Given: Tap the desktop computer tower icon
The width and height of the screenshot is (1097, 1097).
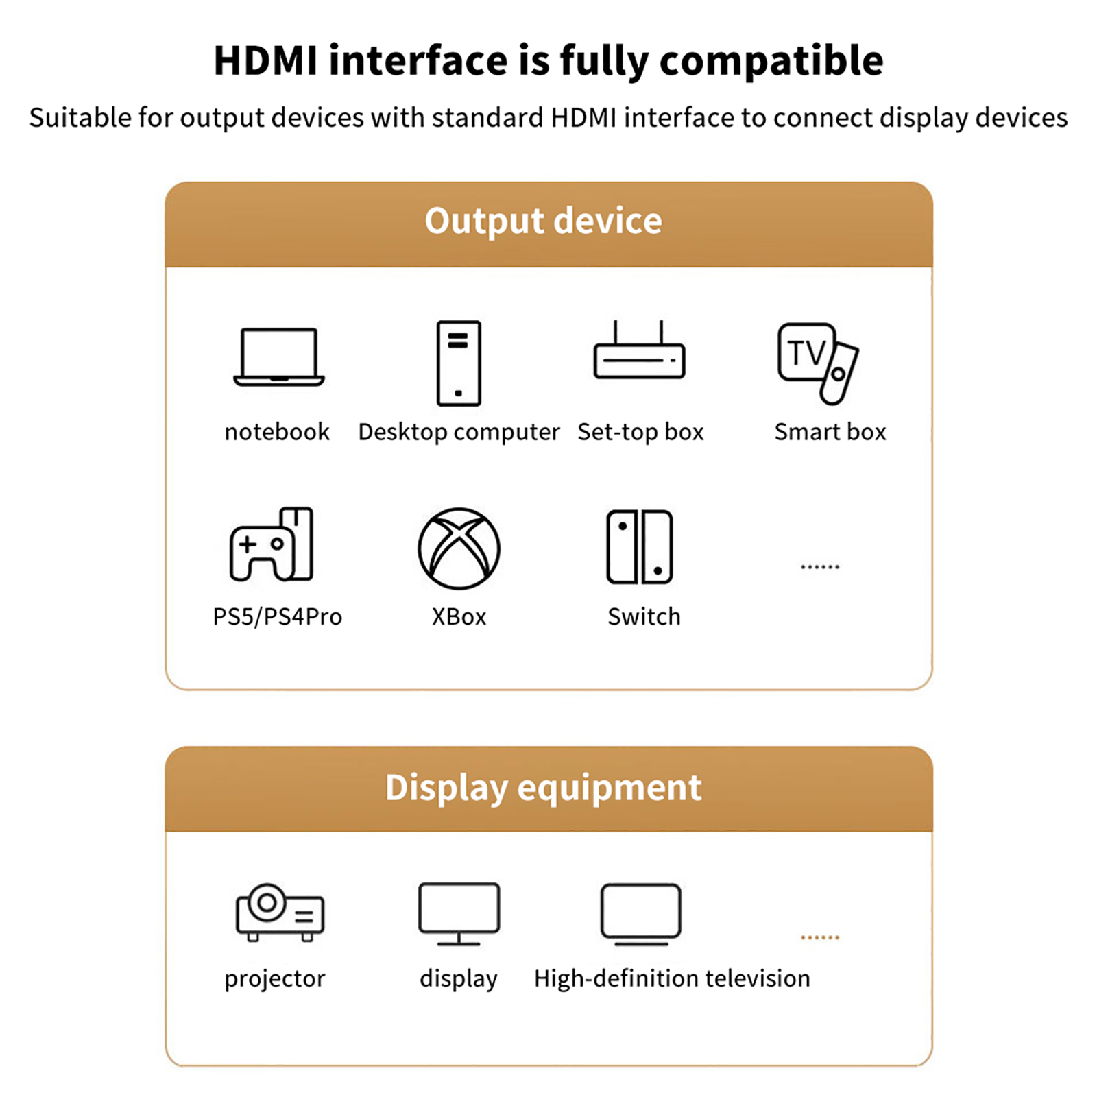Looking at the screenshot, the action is click(x=459, y=363).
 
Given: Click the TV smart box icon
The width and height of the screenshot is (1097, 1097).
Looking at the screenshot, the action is click(x=818, y=363).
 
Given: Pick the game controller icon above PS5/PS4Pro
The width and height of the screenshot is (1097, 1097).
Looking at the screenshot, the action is click(x=272, y=544).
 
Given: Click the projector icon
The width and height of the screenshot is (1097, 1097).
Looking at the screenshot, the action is click(x=280, y=913).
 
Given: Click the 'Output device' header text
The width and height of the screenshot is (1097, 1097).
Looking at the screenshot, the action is click(x=543, y=221).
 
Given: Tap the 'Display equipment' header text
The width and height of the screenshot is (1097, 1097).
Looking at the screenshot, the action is click(x=543, y=788).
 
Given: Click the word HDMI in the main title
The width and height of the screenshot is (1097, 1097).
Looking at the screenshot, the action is click(x=266, y=60).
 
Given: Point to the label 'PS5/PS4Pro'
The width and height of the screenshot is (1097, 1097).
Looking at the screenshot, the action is click(x=278, y=616).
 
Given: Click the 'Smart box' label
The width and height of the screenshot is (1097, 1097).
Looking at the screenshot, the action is click(x=830, y=432).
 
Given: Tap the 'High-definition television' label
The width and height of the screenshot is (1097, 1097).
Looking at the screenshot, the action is click(x=672, y=978).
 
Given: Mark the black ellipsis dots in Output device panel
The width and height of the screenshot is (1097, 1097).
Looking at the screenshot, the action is click(x=820, y=567).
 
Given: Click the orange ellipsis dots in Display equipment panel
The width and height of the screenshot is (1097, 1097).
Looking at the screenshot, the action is click(x=820, y=937).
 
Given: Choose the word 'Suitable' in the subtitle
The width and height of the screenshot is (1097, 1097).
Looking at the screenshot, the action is click(x=80, y=117).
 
